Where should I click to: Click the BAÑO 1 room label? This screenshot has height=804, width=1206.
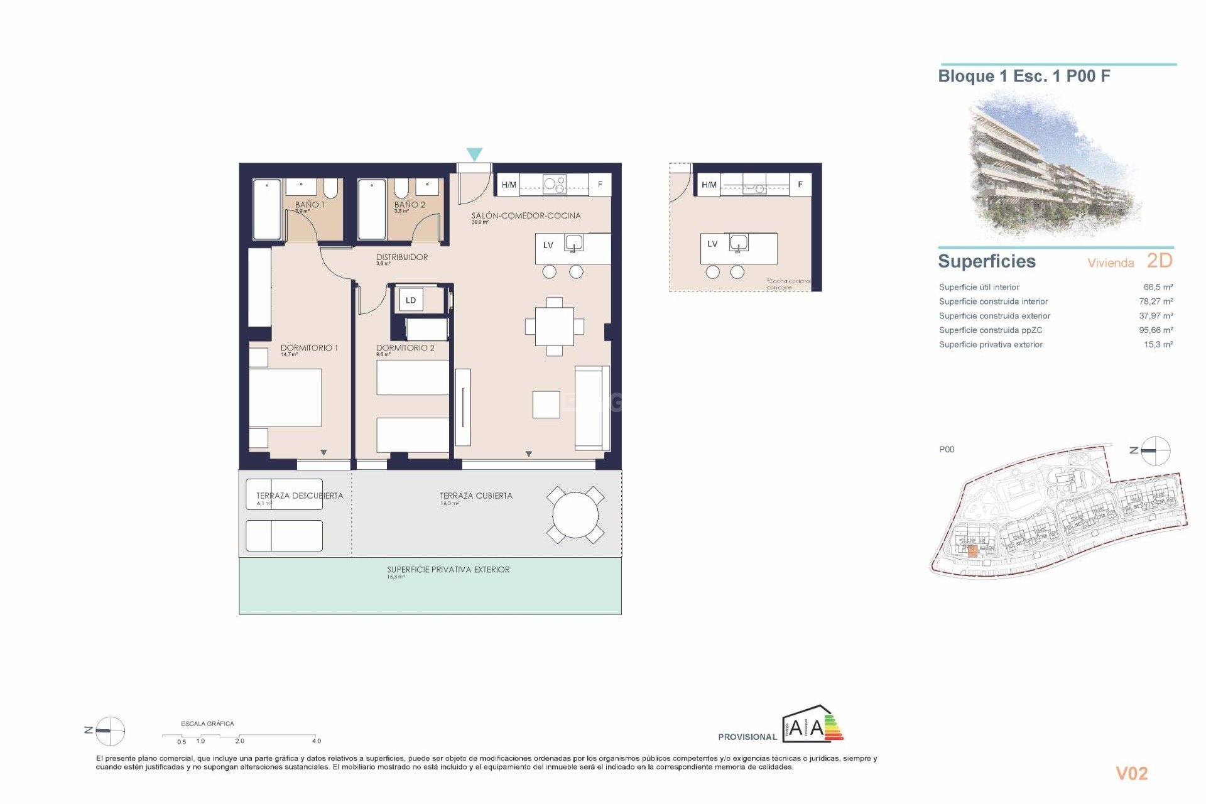coord(310,205)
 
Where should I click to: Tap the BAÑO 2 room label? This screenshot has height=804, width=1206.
coord(410,205)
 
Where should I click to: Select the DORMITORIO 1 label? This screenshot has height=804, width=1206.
coord(309,347)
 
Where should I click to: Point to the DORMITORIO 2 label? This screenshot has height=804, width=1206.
coord(405,347)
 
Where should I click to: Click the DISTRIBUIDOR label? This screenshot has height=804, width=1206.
coord(402,257)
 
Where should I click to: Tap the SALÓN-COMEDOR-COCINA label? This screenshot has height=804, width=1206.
coord(526,215)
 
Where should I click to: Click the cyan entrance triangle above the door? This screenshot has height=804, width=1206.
coord(474,154)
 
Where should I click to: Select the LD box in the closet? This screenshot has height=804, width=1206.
coord(411,300)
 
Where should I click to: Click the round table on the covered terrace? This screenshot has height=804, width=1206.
coord(575,515)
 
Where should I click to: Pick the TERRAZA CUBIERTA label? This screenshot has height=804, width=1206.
coord(476,496)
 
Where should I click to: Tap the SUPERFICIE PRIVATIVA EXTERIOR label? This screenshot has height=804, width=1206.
coord(448,570)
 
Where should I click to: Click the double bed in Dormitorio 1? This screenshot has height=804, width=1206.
coord(286,398)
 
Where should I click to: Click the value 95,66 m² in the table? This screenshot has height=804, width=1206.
coord(1156,330)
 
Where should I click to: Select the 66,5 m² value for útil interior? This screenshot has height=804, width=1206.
coord(1158,287)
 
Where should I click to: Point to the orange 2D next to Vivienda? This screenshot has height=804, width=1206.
coord(1159,261)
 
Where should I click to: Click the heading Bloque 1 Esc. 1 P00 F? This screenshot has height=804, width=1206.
coord(1024,77)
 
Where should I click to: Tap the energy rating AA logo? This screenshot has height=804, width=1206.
coord(812,727)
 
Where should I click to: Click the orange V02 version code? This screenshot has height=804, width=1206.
coord(1131,774)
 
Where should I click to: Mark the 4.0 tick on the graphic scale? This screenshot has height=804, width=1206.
coord(316,741)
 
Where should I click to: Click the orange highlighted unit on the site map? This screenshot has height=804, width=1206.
coord(972,551)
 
